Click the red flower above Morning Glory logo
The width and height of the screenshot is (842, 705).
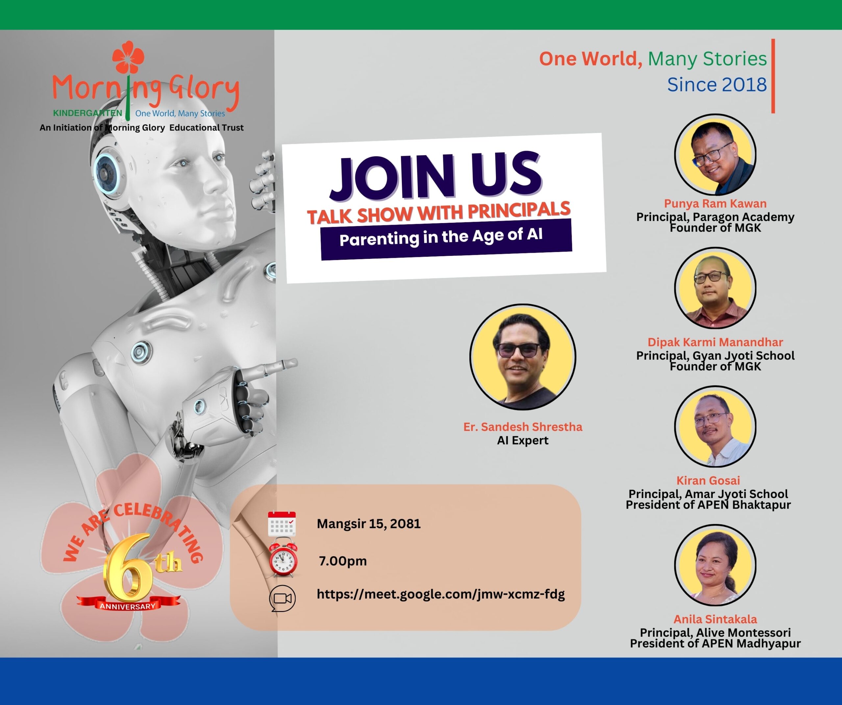click(128, 57)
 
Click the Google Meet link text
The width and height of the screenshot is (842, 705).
click(441, 594)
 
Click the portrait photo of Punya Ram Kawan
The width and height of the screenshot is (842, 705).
click(715, 155)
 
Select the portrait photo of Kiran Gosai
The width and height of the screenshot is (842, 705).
click(715, 426)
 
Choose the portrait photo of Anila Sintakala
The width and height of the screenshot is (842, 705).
click(715, 565)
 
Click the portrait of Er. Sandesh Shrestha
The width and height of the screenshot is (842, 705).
click(523, 357)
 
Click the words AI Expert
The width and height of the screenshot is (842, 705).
click(522, 441)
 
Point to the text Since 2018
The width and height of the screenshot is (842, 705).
click(717, 84)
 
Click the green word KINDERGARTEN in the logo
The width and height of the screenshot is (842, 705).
click(87, 113)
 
